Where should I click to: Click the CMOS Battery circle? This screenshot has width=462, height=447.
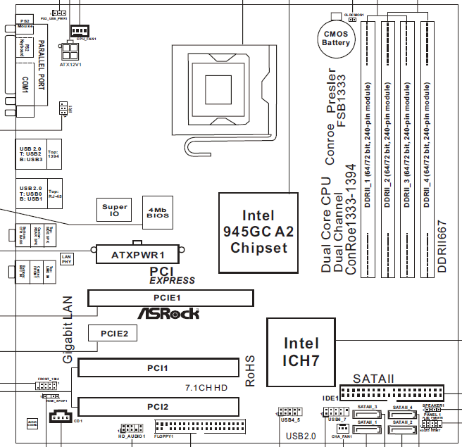336,37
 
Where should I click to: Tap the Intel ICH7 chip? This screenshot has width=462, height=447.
301,351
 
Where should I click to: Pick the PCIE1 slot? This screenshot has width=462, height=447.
170,298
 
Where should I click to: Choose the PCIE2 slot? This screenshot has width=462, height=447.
113,334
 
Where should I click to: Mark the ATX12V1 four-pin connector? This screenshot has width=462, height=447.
72,52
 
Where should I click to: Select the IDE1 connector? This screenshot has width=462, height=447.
391,392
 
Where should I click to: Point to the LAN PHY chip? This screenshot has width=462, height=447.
67,259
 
